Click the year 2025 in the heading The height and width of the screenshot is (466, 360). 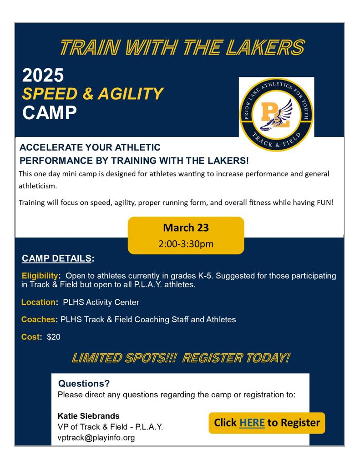[43, 75]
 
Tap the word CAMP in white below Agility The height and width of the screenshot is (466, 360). [49, 113]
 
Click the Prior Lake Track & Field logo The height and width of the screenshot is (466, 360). [276, 114]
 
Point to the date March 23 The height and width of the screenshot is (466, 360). [186, 228]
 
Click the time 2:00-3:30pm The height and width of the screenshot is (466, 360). [186, 244]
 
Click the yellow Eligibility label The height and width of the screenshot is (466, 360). [40, 276]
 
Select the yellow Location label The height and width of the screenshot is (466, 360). [38, 302]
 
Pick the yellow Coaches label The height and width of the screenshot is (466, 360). [38, 319]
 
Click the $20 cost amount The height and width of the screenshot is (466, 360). [54, 337]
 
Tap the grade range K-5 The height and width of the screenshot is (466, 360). [205, 276]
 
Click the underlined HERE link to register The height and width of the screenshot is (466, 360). [252, 423]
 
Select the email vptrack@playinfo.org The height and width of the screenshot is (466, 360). [96, 437]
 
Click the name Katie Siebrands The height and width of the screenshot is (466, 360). [89, 416]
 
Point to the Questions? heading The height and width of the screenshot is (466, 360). [84, 383]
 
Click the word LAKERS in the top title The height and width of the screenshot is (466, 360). [265, 47]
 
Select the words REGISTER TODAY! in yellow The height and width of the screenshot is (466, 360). [236, 358]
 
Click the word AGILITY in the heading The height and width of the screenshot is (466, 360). [131, 94]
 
